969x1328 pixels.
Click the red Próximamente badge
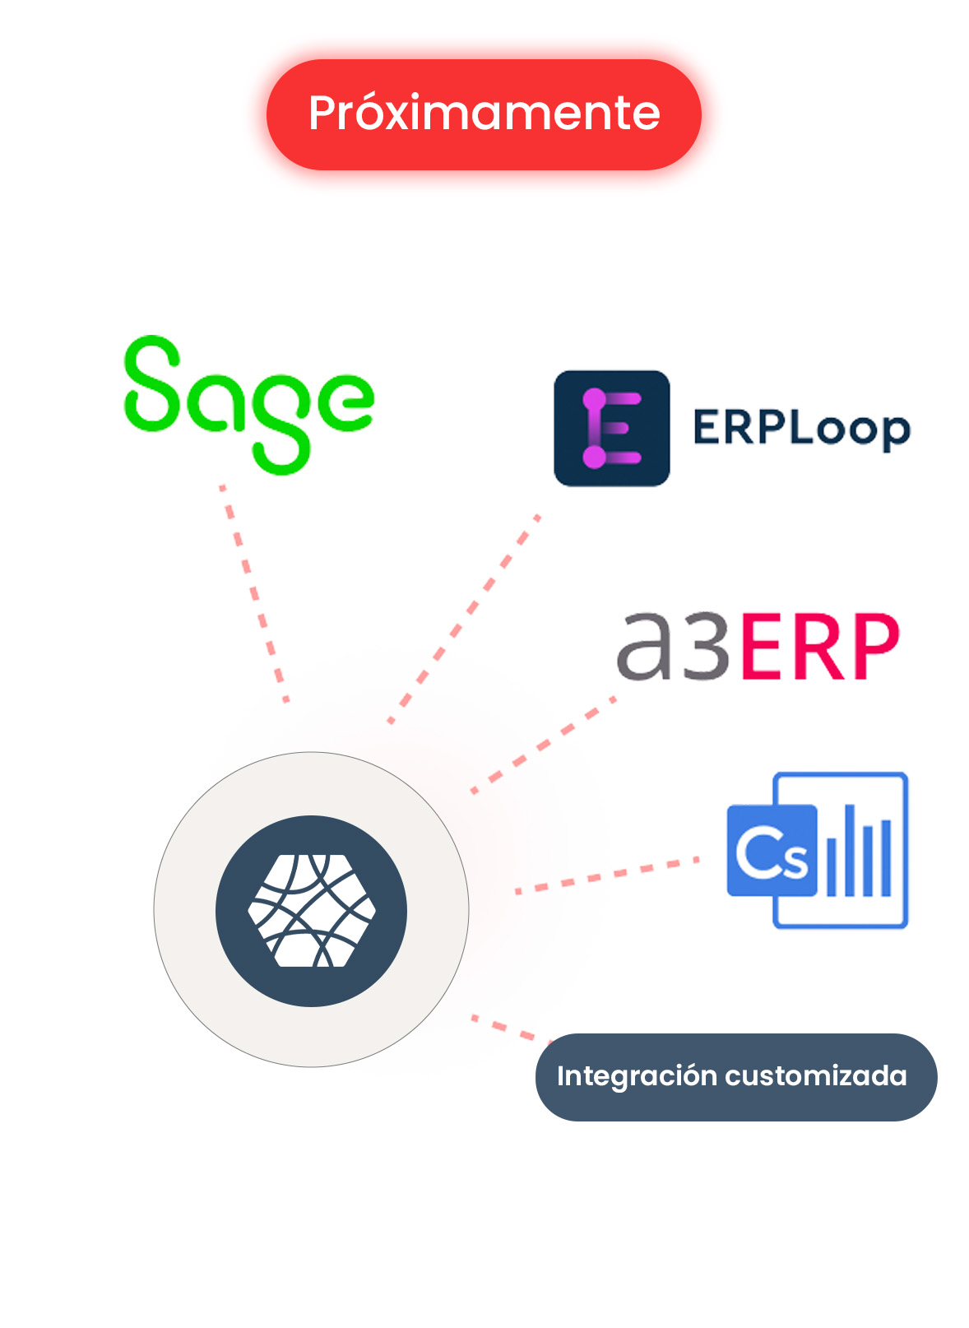(484, 114)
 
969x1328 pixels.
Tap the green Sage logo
(249, 403)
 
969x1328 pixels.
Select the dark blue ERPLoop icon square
(611, 428)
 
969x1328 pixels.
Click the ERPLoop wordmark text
(801, 429)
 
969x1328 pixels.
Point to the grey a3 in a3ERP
(672, 648)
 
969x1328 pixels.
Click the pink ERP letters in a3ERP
(819, 648)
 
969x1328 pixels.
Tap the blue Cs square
(772, 850)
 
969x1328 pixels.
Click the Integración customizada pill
(735, 1076)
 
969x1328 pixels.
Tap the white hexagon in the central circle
(312, 911)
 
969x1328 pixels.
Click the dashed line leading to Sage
(254, 592)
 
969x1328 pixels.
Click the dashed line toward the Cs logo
(606, 875)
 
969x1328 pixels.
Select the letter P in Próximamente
(322, 114)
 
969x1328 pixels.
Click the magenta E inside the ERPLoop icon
(611, 429)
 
